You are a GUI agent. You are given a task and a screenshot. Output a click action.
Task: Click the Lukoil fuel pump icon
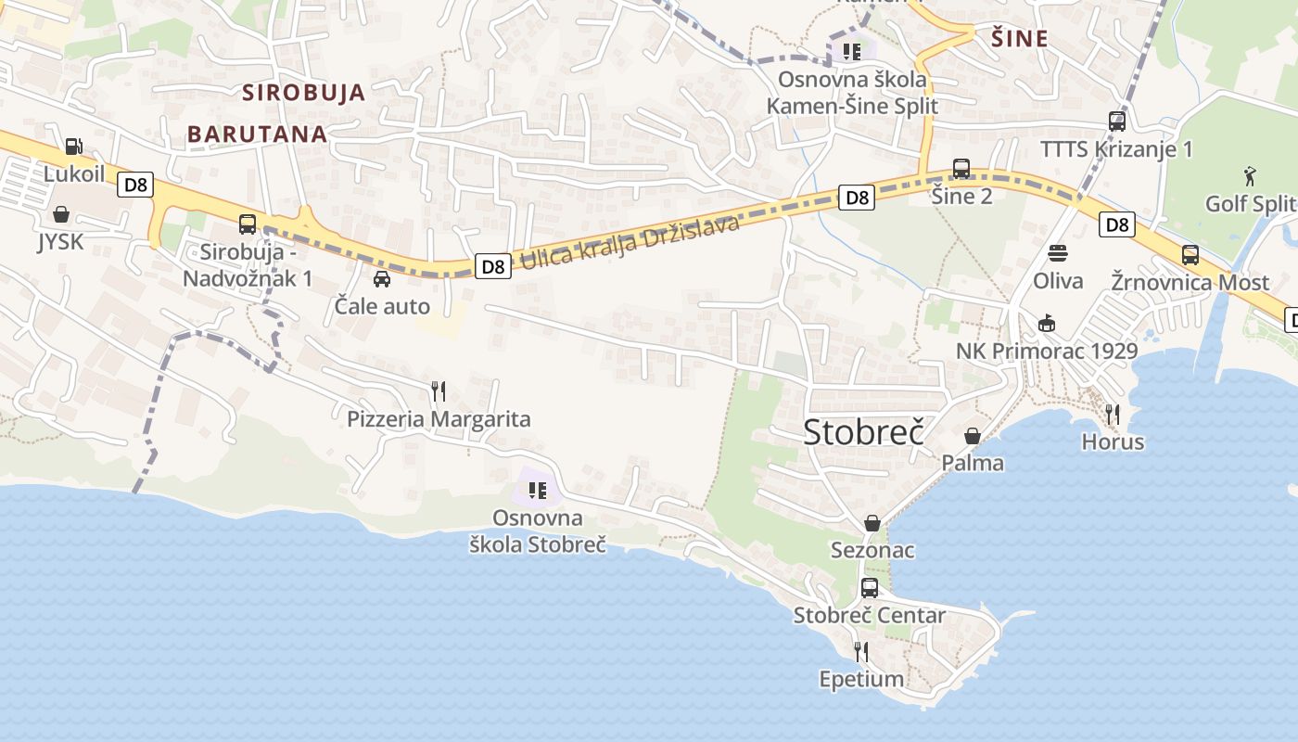[x=73, y=146]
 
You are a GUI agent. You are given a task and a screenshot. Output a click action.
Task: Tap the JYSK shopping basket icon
[x=61, y=214]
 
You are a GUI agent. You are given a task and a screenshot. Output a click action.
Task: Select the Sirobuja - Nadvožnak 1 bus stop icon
[x=248, y=224]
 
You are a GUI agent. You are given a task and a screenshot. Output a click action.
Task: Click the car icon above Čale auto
[x=381, y=278]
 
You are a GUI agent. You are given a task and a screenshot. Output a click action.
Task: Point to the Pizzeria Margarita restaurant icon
[x=439, y=391]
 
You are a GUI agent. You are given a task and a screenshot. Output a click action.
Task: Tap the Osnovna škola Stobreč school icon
[x=538, y=490]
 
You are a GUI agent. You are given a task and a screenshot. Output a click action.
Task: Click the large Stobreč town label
[x=864, y=431]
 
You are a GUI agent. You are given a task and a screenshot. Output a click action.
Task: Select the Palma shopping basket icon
[x=973, y=435]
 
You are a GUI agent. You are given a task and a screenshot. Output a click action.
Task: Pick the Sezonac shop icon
[x=872, y=523]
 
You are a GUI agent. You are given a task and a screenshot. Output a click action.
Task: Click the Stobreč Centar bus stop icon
[x=870, y=587]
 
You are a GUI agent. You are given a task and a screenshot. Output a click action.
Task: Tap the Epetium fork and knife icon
[x=861, y=652]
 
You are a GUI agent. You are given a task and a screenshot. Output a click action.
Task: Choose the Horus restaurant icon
[x=1113, y=414]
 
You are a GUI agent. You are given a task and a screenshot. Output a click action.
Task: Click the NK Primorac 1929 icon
[x=1047, y=323]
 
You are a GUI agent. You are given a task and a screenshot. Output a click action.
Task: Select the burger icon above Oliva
[x=1058, y=253]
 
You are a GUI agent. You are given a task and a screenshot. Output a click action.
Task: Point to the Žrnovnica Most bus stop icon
[x=1190, y=255]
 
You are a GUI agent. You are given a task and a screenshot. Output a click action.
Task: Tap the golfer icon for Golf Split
[x=1250, y=175]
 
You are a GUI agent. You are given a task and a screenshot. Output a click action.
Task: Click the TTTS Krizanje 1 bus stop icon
[x=1117, y=122]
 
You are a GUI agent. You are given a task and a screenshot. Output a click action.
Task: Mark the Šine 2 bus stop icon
[x=961, y=169]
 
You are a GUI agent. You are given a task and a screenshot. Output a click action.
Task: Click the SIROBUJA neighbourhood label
[x=304, y=93]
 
